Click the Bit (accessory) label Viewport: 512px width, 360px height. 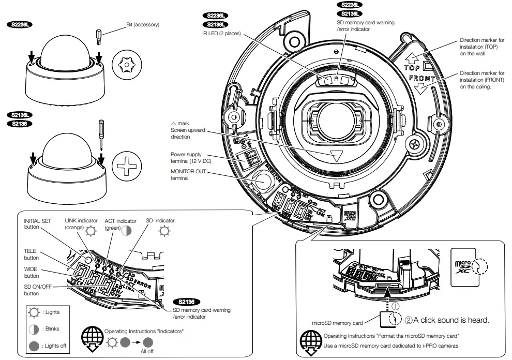click(143, 24)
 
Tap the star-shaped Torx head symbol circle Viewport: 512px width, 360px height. click(126, 65)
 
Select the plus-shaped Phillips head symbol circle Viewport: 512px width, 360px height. click(126, 167)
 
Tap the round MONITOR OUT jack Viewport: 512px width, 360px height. click(263, 182)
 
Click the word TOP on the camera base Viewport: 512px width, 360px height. click(412, 68)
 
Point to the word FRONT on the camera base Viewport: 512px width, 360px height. click(422, 79)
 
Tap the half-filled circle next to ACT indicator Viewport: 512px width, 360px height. click(127, 231)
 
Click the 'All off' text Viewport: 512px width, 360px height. click(147, 352)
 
